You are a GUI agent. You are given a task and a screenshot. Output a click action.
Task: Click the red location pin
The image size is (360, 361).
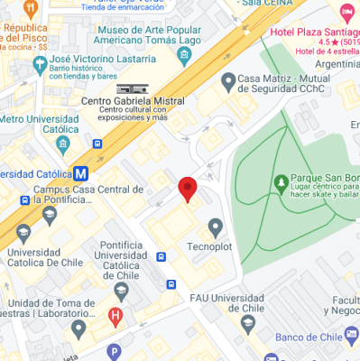click(x=188, y=189)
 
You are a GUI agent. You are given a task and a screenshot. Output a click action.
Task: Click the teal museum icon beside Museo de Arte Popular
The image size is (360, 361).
click(x=185, y=56)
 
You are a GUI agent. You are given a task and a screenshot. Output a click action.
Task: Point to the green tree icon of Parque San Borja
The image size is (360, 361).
click(x=281, y=183)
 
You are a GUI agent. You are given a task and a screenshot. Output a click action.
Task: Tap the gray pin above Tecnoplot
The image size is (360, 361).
click(x=215, y=227)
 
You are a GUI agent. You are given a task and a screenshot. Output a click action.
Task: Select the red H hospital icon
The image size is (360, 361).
click(x=115, y=316)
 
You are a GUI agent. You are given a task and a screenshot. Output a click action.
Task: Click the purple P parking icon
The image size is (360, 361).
click(x=113, y=352)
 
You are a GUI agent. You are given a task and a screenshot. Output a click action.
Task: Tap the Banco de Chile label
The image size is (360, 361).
click(x=310, y=338)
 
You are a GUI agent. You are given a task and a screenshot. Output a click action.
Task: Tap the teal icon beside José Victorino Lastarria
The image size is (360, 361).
click(x=39, y=65)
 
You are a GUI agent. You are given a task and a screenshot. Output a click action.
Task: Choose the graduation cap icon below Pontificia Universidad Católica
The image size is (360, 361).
click(x=121, y=290)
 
